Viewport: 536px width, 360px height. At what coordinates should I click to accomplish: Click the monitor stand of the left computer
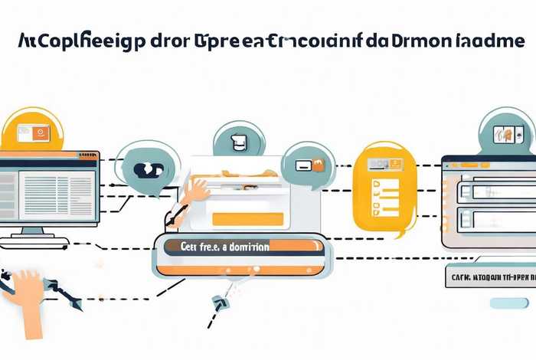31,231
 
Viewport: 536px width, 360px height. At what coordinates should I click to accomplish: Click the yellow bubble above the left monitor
31,132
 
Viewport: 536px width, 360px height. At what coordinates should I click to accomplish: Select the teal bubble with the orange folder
309,164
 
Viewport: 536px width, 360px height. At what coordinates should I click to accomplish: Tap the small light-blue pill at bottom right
509,303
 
